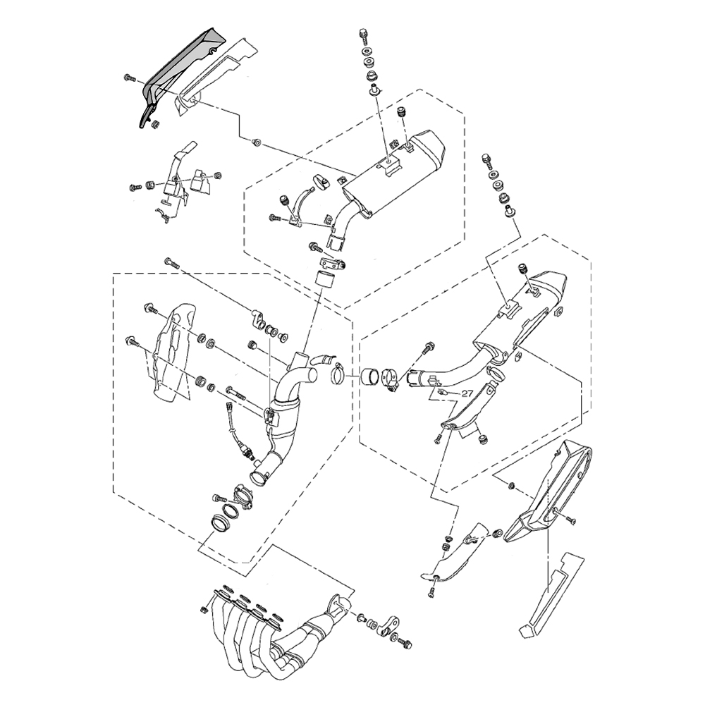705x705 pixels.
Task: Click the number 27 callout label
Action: [x=467, y=393]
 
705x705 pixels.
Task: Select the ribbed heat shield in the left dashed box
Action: [x=173, y=353]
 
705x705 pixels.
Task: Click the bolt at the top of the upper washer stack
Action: [x=363, y=34]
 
